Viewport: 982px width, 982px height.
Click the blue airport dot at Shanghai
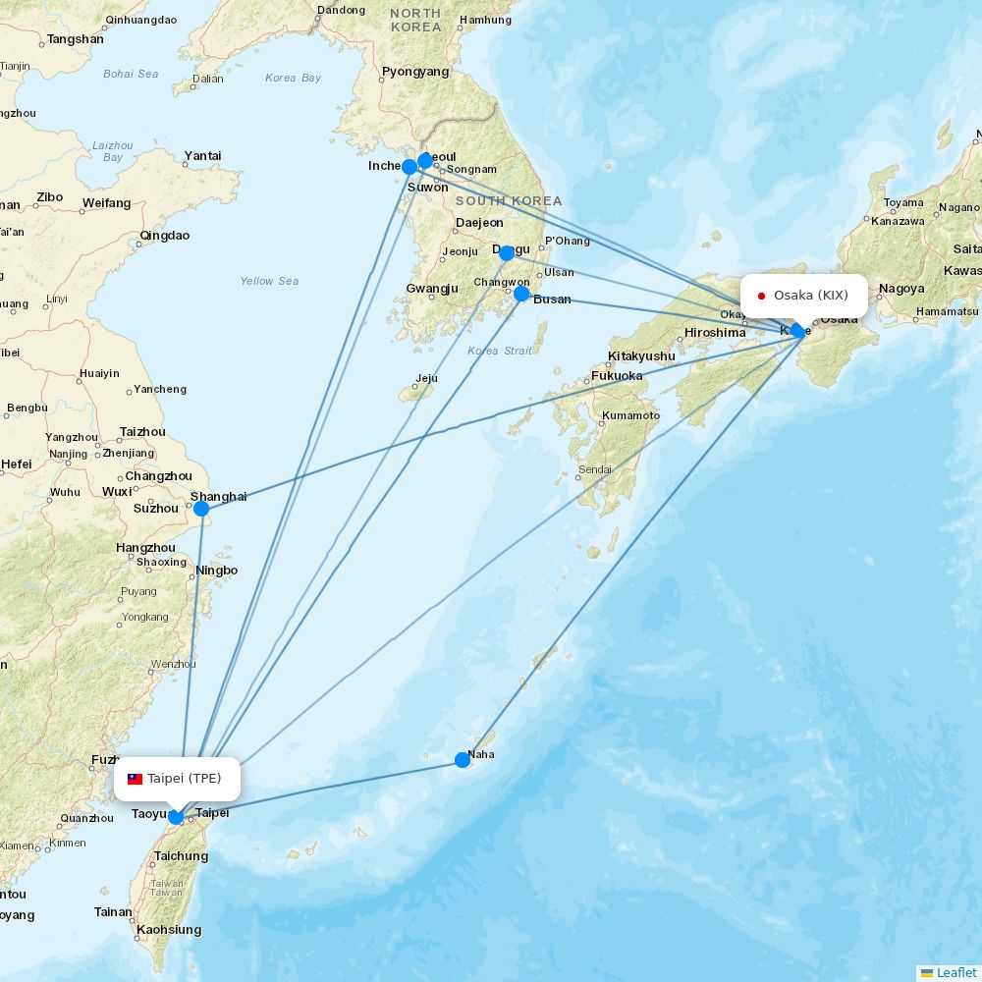coord(201,509)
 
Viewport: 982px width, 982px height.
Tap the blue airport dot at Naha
coord(463,759)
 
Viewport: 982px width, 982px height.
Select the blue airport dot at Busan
coord(521,293)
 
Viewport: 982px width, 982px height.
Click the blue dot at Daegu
coord(507,253)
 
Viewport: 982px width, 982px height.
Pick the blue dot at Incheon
coord(409,167)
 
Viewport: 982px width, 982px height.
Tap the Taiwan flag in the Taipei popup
coord(136,779)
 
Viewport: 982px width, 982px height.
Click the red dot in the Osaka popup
coord(761,296)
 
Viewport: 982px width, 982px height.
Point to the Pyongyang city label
coord(415,72)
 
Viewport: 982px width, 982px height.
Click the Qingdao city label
coord(165,236)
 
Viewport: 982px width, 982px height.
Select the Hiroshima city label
coord(715,333)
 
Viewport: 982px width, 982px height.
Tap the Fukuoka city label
coord(617,376)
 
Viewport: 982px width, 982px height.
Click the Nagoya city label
coord(901,289)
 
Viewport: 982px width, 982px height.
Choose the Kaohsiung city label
coord(169,930)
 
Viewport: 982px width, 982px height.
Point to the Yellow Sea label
coord(269,281)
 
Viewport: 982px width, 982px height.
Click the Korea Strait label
coord(500,351)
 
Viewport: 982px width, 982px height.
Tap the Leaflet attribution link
coord(956,972)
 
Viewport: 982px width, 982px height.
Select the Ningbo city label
coord(217,571)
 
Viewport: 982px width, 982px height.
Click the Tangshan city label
coord(75,39)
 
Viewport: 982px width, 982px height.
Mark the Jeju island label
coord(426,378)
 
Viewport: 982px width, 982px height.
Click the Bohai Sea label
coord(131,74)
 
